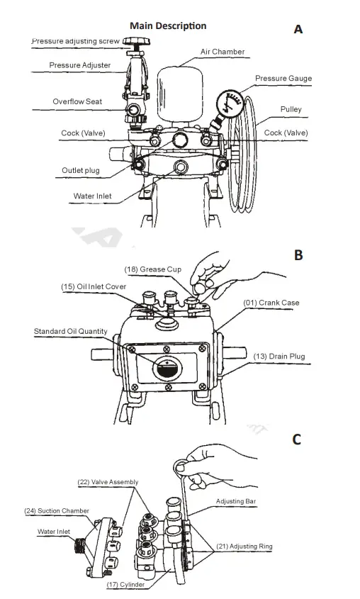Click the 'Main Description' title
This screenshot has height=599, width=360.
pos(168,26)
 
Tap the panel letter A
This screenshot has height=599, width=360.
pos(298,29)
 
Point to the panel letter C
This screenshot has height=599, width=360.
pos(297,440)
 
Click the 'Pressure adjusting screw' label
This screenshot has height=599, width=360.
pos(76,42)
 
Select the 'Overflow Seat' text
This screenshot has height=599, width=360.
pos(77,101)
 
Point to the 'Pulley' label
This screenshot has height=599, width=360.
pos(291,109)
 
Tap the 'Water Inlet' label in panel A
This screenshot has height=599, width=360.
pos(91,196)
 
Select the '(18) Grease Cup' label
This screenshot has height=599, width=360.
pos(152,269)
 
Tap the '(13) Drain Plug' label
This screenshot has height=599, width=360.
pos(279,356)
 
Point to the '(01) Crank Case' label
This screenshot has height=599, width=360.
pos(271,303)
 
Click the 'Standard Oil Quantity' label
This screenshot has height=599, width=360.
pos(72,331)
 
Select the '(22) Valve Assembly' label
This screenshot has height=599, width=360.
pos(108,482)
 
